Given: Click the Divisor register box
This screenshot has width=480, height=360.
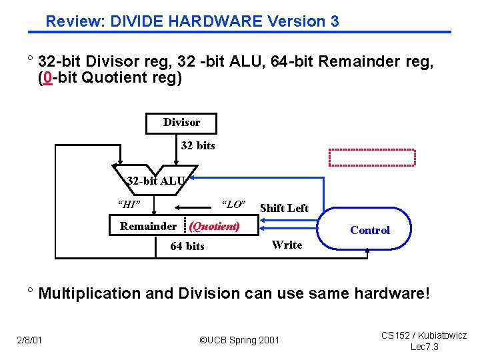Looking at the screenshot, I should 181,123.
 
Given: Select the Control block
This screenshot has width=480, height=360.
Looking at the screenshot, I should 369,230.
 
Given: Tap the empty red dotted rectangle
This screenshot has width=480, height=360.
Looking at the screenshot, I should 371,157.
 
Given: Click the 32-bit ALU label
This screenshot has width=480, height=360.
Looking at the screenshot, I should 157,180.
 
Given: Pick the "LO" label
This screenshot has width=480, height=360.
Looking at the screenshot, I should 233,204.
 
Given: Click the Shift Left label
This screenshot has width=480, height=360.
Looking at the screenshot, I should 284,208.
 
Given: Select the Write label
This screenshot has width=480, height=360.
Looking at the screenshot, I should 287,245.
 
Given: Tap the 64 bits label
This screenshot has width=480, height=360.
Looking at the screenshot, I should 187,246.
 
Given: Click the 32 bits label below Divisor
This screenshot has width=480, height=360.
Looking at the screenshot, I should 198,145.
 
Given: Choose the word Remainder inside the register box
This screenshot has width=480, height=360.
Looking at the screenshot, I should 148,226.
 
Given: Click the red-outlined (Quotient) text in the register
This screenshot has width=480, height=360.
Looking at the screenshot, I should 215,226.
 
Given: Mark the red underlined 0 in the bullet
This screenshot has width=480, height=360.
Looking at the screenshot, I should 46,78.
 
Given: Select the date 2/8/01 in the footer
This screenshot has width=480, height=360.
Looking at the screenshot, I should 30,340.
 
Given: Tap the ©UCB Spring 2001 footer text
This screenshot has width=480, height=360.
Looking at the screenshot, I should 240,340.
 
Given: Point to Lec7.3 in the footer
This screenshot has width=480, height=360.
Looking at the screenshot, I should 423,347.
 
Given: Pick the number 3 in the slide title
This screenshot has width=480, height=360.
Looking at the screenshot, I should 334,21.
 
